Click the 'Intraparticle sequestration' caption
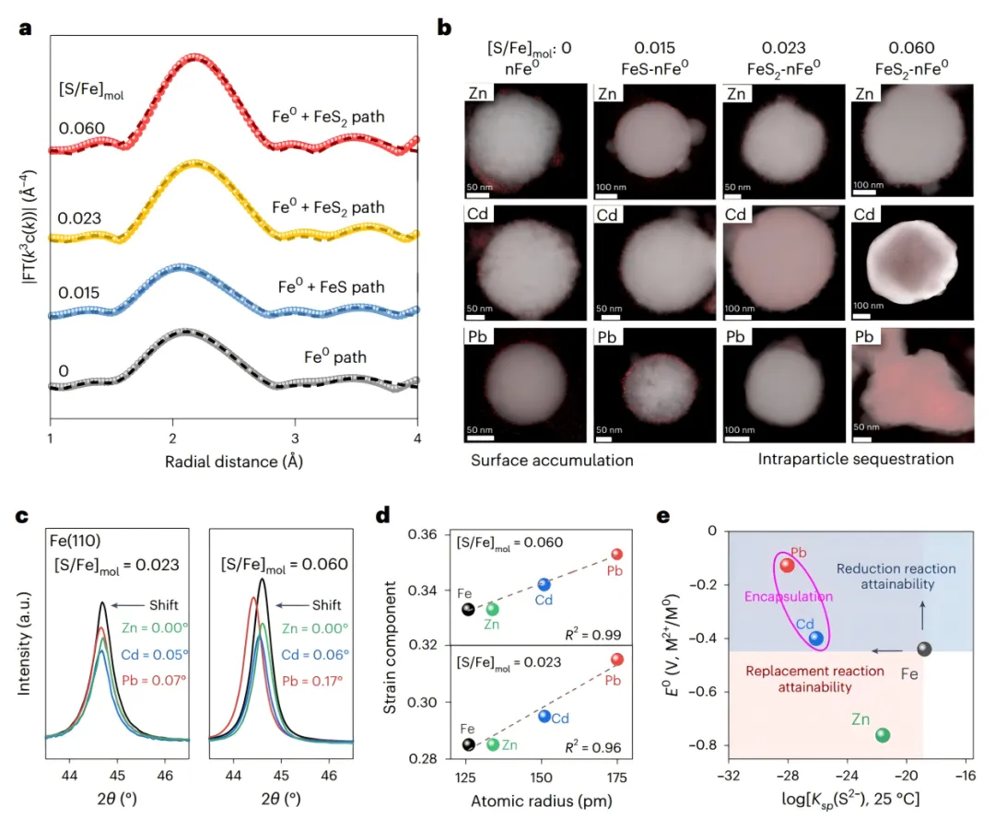(855, 458)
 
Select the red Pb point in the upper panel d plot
(616, 554)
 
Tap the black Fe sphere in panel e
(924, 649)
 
